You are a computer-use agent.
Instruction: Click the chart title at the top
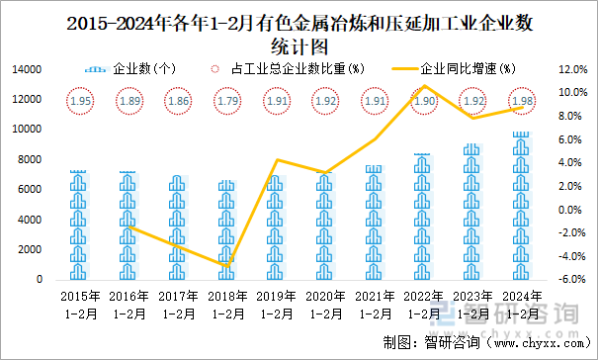click(299, 34)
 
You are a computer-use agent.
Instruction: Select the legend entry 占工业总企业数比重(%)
click(287, 69)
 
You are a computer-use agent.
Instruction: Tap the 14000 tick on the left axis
click(27, 69)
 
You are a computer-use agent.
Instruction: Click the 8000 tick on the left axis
click(30, 159)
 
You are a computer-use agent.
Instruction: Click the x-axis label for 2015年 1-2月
click(81, 304)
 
